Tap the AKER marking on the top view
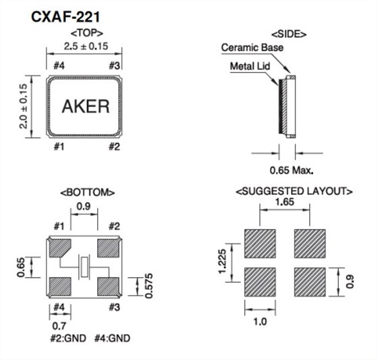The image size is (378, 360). tap(85, 106)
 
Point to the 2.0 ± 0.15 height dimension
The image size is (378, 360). tap(24, 107)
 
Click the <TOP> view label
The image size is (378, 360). tap(85, 32)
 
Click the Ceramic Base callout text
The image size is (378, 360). tap(252, 48)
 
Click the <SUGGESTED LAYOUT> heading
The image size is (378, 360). tap(294, 192)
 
